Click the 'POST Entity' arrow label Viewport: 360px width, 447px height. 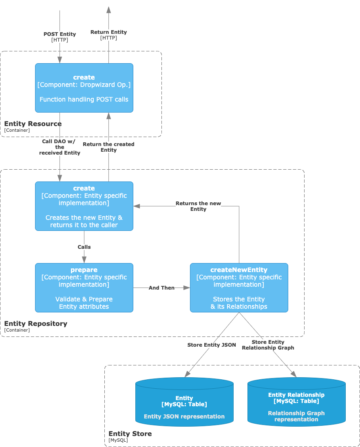(60, 35)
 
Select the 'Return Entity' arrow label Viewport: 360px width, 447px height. (108, 32)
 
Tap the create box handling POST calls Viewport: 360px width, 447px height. (84, 88)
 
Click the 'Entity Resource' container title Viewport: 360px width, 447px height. (33, 124)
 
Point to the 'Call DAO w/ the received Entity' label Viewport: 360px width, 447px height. (60, 147)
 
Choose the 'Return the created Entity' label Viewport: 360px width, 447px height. (108, 147)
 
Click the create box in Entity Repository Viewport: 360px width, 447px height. (84, 206)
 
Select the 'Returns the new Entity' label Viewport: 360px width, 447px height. (198, 206)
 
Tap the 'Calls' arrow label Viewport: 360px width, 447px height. (84, 247)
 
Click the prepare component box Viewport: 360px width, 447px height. (84, 288)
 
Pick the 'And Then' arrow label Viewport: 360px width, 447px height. (161, 288)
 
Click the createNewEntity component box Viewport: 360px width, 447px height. (239, 288)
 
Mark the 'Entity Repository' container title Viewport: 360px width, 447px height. (35, 324)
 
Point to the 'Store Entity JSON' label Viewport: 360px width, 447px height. (212, 345)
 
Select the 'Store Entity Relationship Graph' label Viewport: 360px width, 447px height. (268, 345)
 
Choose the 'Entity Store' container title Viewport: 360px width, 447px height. (130, 434)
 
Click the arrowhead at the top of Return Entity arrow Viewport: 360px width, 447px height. (108, 10)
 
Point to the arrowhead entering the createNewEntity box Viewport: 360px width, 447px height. (187, 288)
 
